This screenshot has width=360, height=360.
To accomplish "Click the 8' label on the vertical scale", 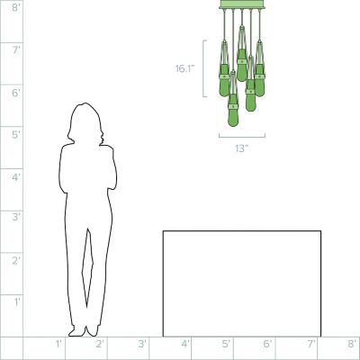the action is tap(16, 7).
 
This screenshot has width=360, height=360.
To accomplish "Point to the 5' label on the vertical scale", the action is tap(16, 135).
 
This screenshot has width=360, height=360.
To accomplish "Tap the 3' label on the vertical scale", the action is tap(16, 217).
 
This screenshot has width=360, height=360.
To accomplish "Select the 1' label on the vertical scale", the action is tap(17, 301).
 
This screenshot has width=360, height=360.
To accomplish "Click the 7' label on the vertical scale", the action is tap(16, 50).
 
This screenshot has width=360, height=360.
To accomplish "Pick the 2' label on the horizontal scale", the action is tap(100, 344).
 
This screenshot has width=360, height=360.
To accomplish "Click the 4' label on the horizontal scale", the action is tap(185, 344).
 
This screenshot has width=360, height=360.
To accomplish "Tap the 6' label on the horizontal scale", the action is tap(267, 344).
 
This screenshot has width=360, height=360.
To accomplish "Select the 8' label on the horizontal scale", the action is tap(352, 344).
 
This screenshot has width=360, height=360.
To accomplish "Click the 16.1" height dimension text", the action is tap(185, 69).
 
